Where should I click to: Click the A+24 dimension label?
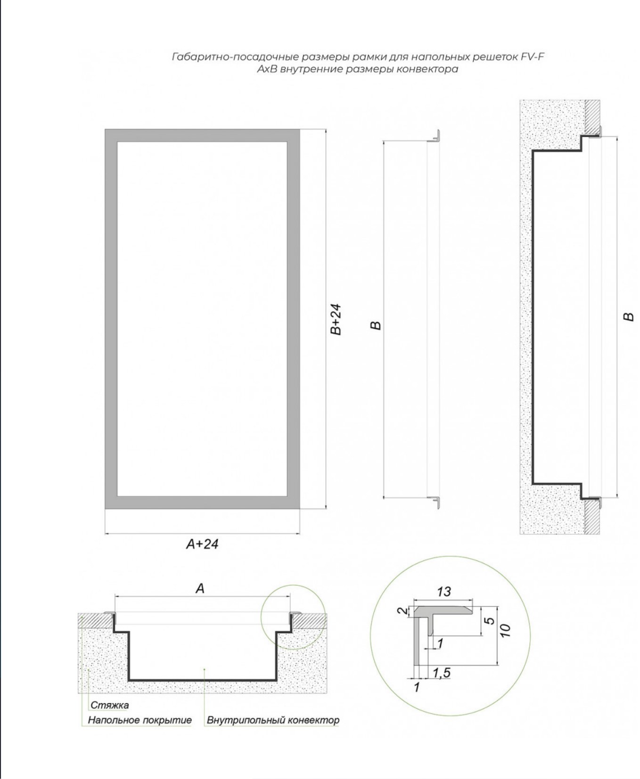[x=202, y=544]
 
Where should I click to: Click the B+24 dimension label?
[x=335, y=319]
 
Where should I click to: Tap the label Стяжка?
[x=109, y=705]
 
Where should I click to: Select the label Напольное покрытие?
[x=139, y=720]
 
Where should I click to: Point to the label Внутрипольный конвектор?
[x=273, y=720]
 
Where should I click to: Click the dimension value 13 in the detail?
[x=443, y=592]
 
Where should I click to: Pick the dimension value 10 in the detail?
[x=505, y=631]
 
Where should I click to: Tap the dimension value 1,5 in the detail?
[x=442, y=673]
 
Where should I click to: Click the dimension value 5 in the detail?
[x=490, y=621]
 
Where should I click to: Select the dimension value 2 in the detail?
[x=402, y=611]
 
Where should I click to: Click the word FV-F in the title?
[x=533, y=57]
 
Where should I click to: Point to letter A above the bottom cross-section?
[x=200, y=589]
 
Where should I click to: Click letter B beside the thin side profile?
[x=376, y=325]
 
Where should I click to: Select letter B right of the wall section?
[x=629, y=317]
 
